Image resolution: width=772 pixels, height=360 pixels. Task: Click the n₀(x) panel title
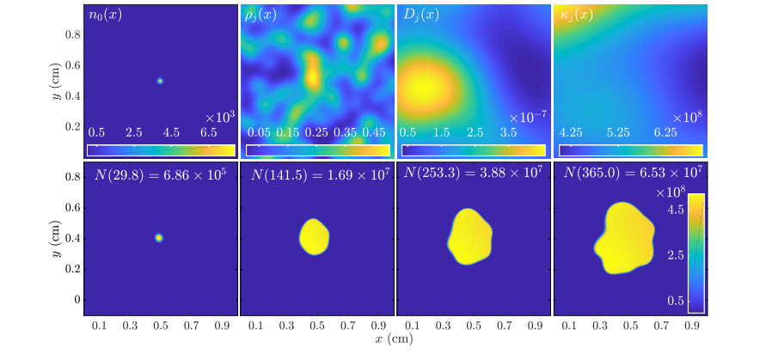tap(106, 15)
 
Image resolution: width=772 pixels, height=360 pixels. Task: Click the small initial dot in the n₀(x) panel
tap(160, 81)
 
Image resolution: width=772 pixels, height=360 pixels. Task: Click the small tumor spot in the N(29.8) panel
tap(159, 237)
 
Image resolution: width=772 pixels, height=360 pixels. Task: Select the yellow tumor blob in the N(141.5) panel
tap(315, 236)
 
